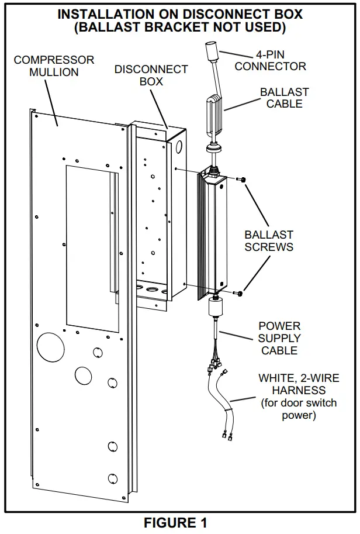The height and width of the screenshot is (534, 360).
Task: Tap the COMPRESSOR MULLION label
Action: pyautogui.click(x=54, y=66)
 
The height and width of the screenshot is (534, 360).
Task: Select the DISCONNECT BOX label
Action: pyautogui.click(x=151, y=75)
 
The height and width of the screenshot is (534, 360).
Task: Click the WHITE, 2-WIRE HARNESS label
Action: pyautogui.click(x=298, y=384)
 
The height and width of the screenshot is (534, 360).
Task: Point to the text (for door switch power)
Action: pyautogui.click(x=298, y=409)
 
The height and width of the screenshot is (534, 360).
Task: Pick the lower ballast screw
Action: pyautogui.click(x=240, y=292)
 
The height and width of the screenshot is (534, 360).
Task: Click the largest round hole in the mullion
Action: pyautogui.click(x=51, y=347)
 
